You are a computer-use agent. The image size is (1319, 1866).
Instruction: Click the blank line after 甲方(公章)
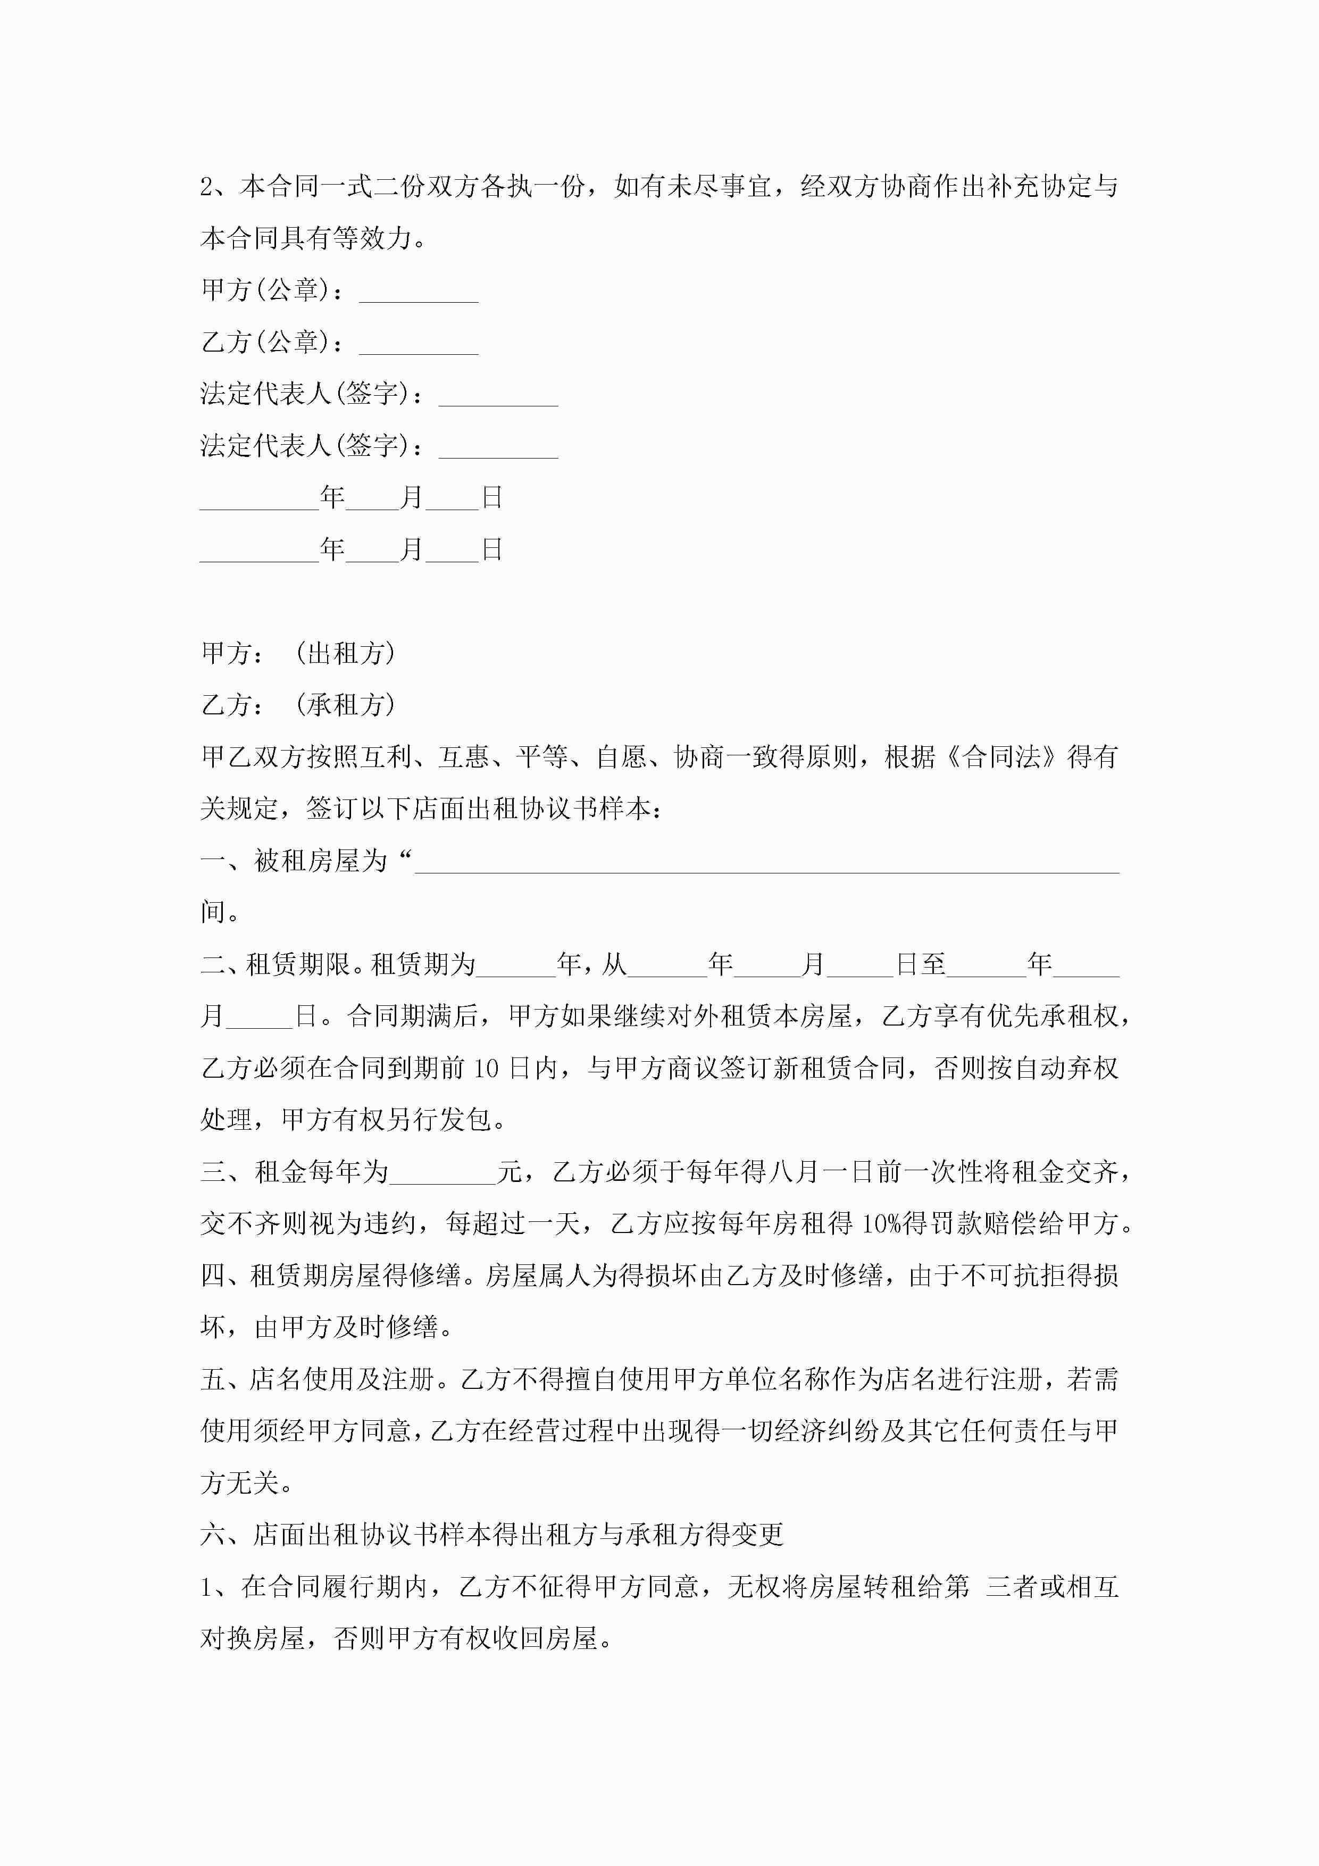419,294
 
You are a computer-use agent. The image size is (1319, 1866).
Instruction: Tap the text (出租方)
345,653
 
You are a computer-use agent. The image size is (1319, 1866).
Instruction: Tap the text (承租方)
345,705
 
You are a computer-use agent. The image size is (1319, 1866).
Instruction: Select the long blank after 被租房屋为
766,863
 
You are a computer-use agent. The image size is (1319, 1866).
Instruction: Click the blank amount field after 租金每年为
443,1173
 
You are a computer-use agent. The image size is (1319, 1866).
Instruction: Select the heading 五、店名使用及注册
317,1380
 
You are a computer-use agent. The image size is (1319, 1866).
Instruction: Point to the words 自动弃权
1065,1069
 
